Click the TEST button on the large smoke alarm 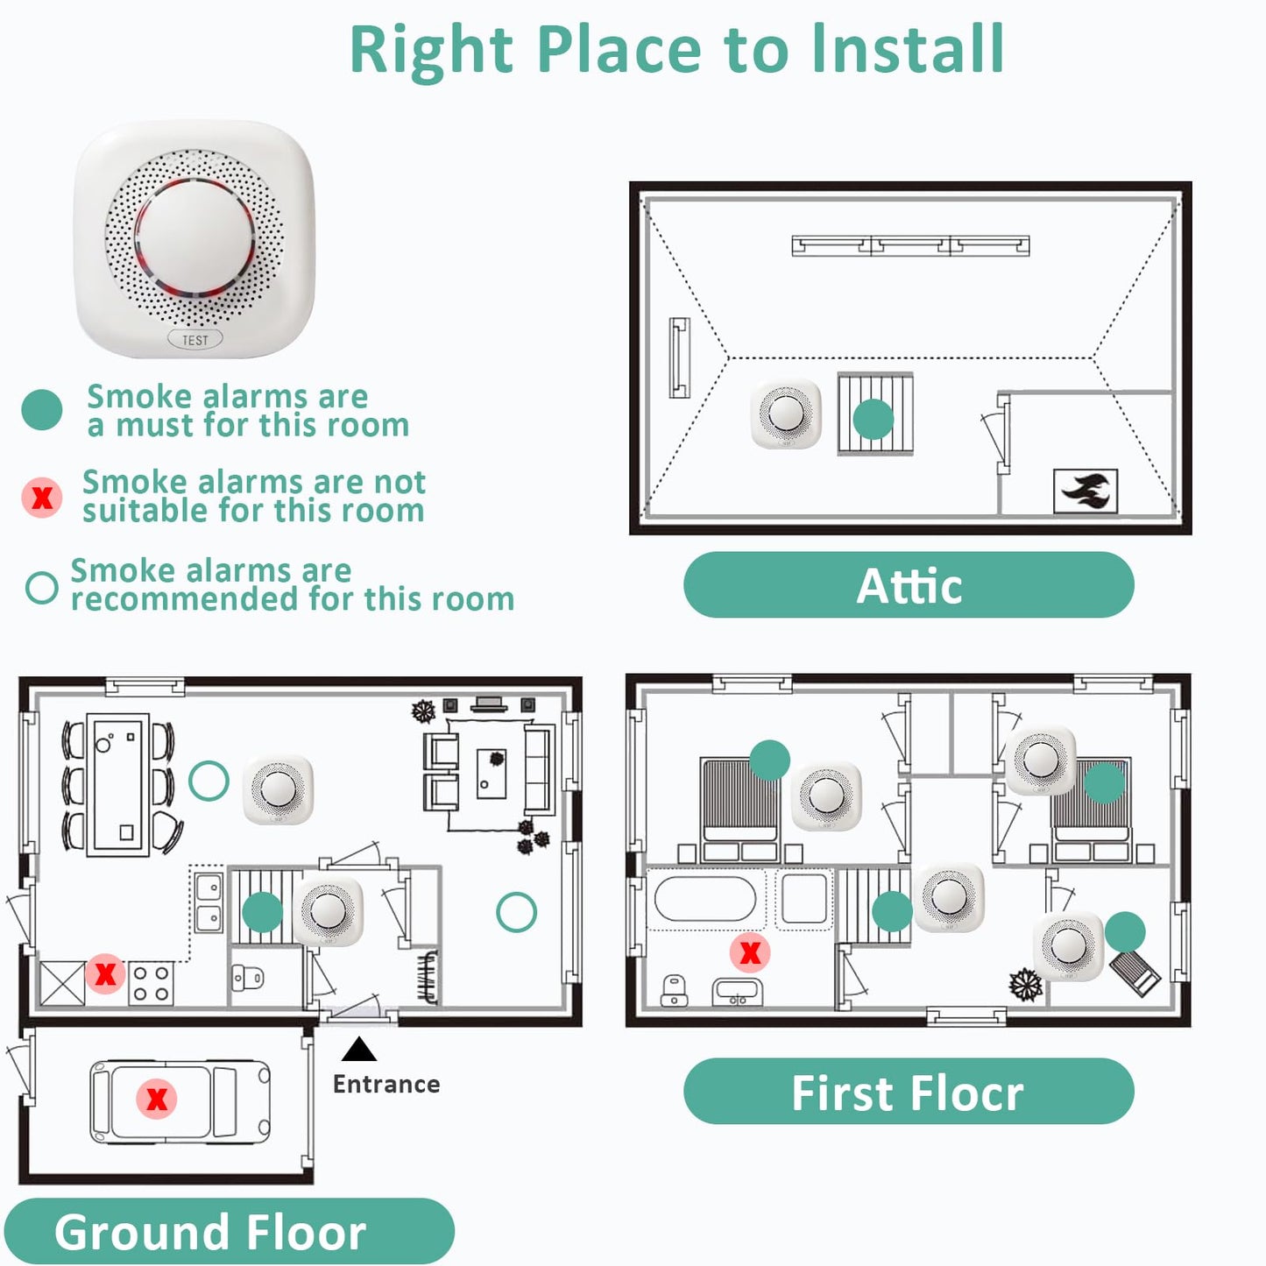[x=194, y=340]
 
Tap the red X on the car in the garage [x=157, y=1099]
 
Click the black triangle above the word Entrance [x=359, y=1050]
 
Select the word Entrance [x=386, y=1085]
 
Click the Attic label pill [x=909, y=585]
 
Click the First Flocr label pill [x=909, y=1092]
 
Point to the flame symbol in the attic [x=1086, y=492]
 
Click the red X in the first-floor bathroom [x=751, y=952]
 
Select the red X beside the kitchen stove [x=105, y=973]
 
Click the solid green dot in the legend [x=42, y=410]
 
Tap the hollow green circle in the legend [x=42, y=588]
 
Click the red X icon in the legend [x=42, y=498]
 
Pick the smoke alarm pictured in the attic [x=786, y=414]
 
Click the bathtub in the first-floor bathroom [x=705, y=898]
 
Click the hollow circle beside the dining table [x=209, y=780]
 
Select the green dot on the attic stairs [x=873, y=419]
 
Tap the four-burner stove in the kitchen [x=152, y=983]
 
